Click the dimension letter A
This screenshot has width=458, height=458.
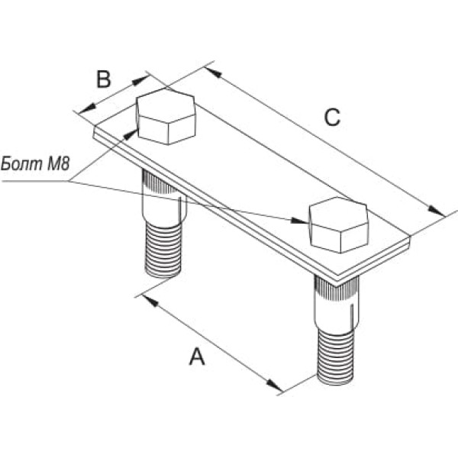pyautogui.click(x=197, y=356)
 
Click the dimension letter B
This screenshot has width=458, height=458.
pyautogui.click(x=104, y=79)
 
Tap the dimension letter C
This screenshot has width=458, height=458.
pyautogui.click(x=331, y=117)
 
